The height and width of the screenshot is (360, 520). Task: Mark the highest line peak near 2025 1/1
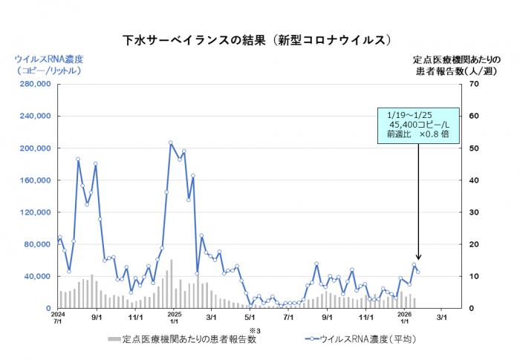click(x=170, y=143)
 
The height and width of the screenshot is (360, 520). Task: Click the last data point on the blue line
click(x=418, y=272)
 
